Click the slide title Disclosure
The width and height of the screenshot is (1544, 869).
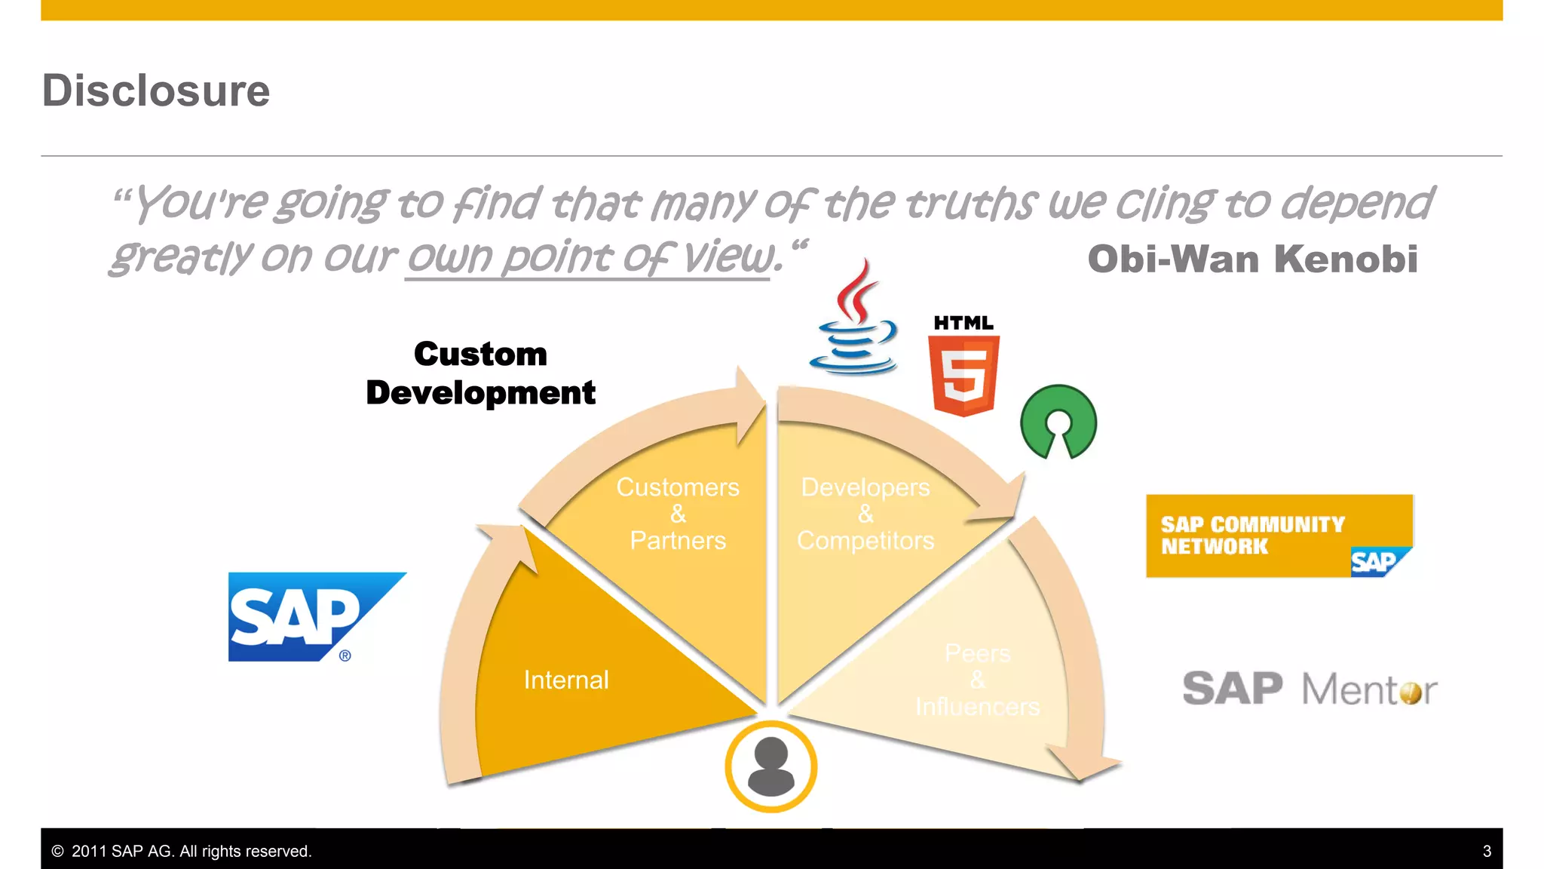[155, 91]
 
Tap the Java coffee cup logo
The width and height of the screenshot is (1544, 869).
[854, 321]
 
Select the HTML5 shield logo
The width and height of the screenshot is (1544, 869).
[963, 367]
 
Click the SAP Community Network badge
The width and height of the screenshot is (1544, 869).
[1279, 536]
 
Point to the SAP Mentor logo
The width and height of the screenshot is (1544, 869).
[1310, 688]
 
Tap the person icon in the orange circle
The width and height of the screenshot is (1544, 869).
[770, 766]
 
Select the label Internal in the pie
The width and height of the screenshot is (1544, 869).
[566, 680]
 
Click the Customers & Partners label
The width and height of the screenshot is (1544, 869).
[678, 514]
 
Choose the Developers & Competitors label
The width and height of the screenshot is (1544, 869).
[865, 514]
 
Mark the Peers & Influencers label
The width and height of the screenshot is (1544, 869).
[977, 680]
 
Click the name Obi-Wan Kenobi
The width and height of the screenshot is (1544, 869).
[1252, 259]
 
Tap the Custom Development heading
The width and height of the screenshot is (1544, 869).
[481, 373]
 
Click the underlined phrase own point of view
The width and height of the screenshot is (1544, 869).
[590, 257]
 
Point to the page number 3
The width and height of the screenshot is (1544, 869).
[1487, 851]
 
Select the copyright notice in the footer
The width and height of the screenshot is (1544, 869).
[182, 851]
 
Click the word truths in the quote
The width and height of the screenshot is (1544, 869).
[970, 204]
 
